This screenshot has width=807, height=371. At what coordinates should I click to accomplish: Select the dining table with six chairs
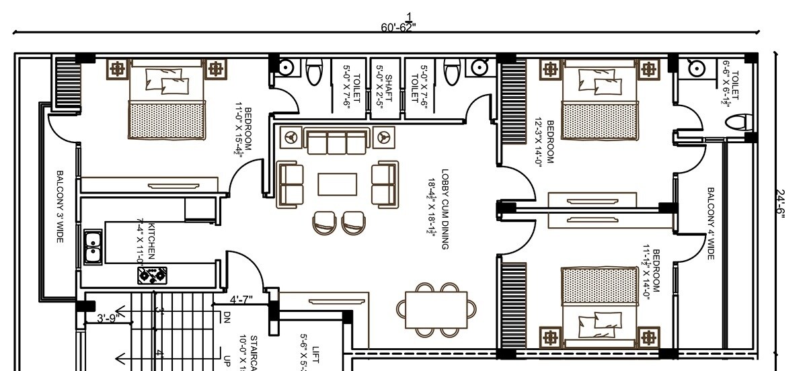click(436, 309)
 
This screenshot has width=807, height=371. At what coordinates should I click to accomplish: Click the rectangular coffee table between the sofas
click(337, 184)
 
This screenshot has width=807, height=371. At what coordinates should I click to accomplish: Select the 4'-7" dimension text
click(241, 300)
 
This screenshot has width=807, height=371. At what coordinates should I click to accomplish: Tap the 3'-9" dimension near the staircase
click(108, 318)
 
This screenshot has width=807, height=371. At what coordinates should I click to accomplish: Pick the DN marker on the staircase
click(227, 316)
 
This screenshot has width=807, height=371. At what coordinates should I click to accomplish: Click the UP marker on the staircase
click(227, 360)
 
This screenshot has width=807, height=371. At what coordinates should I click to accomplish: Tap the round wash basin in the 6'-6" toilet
click(695, 68)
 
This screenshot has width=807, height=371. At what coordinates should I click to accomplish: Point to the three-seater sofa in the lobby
click(337, 141)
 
